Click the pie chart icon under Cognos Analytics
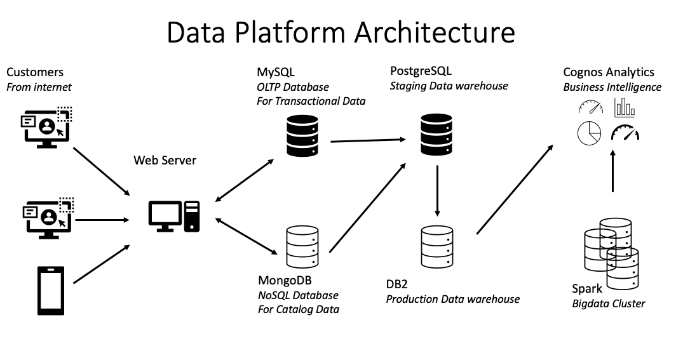click(589, 133)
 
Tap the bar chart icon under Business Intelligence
click(625, 108)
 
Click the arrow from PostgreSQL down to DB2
click(437, 190)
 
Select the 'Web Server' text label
click(165, 160)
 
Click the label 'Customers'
click(35, 72)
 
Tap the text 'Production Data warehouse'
click(452, 298)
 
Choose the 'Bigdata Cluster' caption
click(608, 303)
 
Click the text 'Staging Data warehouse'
click(449, 86)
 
